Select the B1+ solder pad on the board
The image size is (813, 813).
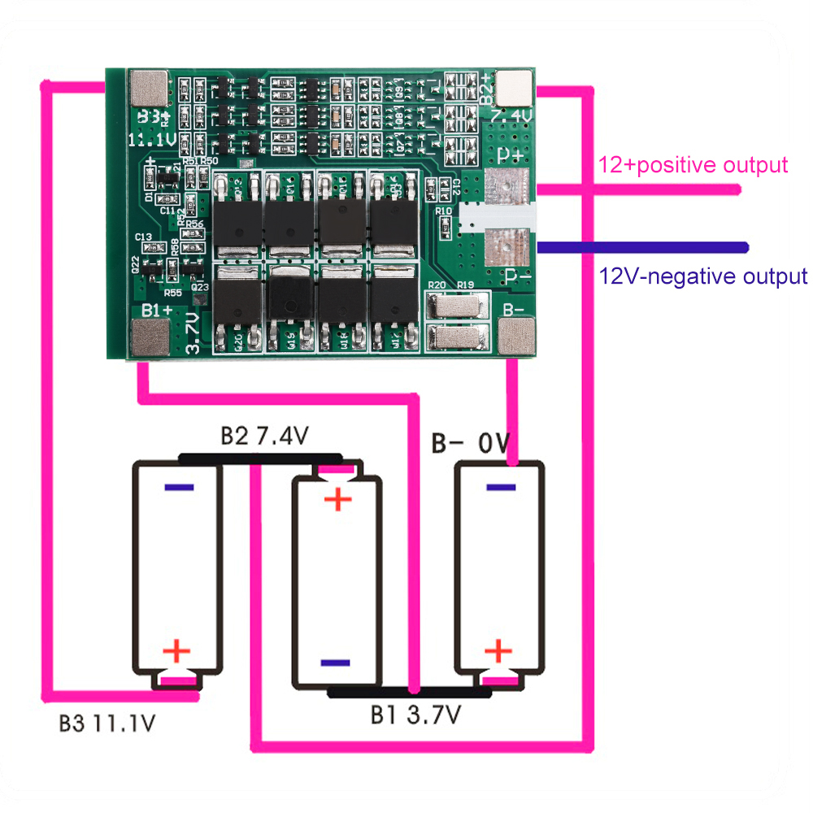pyautogui.click(x=149, y=336)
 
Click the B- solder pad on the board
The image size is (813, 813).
pyautogui.click(x=517, y=335)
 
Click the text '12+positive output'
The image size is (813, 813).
pyautogui.click(x=693, y=165)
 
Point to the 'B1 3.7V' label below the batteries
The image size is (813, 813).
pyautogui.click(x=416, y=715)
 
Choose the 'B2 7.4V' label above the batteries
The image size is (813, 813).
pyautogui.click(x=264, y=437)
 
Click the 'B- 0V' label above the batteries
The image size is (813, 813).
pyautogui.click(x=470, y=444)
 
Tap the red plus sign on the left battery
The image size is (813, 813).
pyautogui.click(x=176, y=650)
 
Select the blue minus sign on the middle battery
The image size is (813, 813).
pyautogui.click(x=335, y=663)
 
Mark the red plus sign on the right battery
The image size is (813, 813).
pyautogui.click(x=498, y=650)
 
